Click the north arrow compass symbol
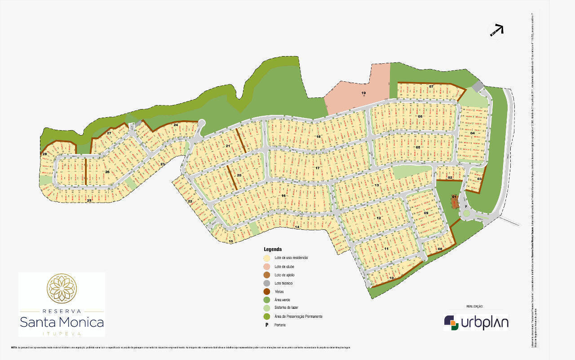coord(496,30)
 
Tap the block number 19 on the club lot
coord(364,93)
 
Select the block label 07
coord(431,86)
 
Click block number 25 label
coord(89,200)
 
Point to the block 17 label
coord(317,168)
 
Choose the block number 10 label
coord(391,278)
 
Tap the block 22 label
coord(190,202)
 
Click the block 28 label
coord(44,154)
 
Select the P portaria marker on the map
coord(466,207)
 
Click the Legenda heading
coord(273,249)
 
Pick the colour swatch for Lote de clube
coord(267,267)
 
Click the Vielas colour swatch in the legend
coord(267,292)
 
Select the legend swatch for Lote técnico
coord(267,283)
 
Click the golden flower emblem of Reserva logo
coord(62,289)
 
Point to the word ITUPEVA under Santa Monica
coord(62,334)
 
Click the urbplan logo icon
coord(451,323)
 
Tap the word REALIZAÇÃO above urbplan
coord(475,307)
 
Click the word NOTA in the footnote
coord(14,347)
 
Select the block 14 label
coord(297,227)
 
